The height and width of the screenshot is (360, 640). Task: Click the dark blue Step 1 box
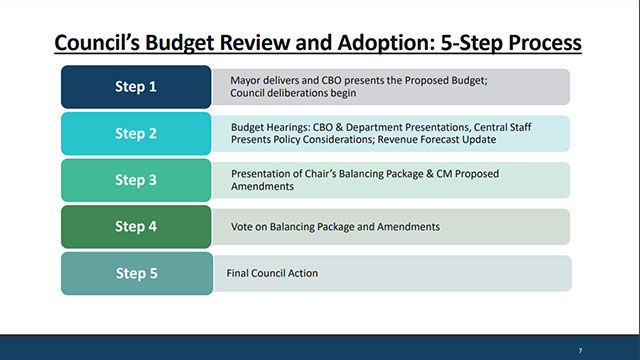pyautogui.click(x=136, y=87)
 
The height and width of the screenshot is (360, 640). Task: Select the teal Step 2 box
pyautogui.click(x=136, y=133)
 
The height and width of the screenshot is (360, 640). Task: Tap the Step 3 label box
pyautogui.click(x=136, y=180)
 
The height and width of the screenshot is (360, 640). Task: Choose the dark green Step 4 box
pyautogui.click(x=136, y=226)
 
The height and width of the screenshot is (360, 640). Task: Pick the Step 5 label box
pyautogui.click(x=136, y=273)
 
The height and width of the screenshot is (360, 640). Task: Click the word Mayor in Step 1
pyautogui.click(x=246, y=80)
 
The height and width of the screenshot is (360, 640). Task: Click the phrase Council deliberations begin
pyautogui.click(x=293, y=93)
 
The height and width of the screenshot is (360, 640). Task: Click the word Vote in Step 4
pyautogui.click(x=241, y=226)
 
